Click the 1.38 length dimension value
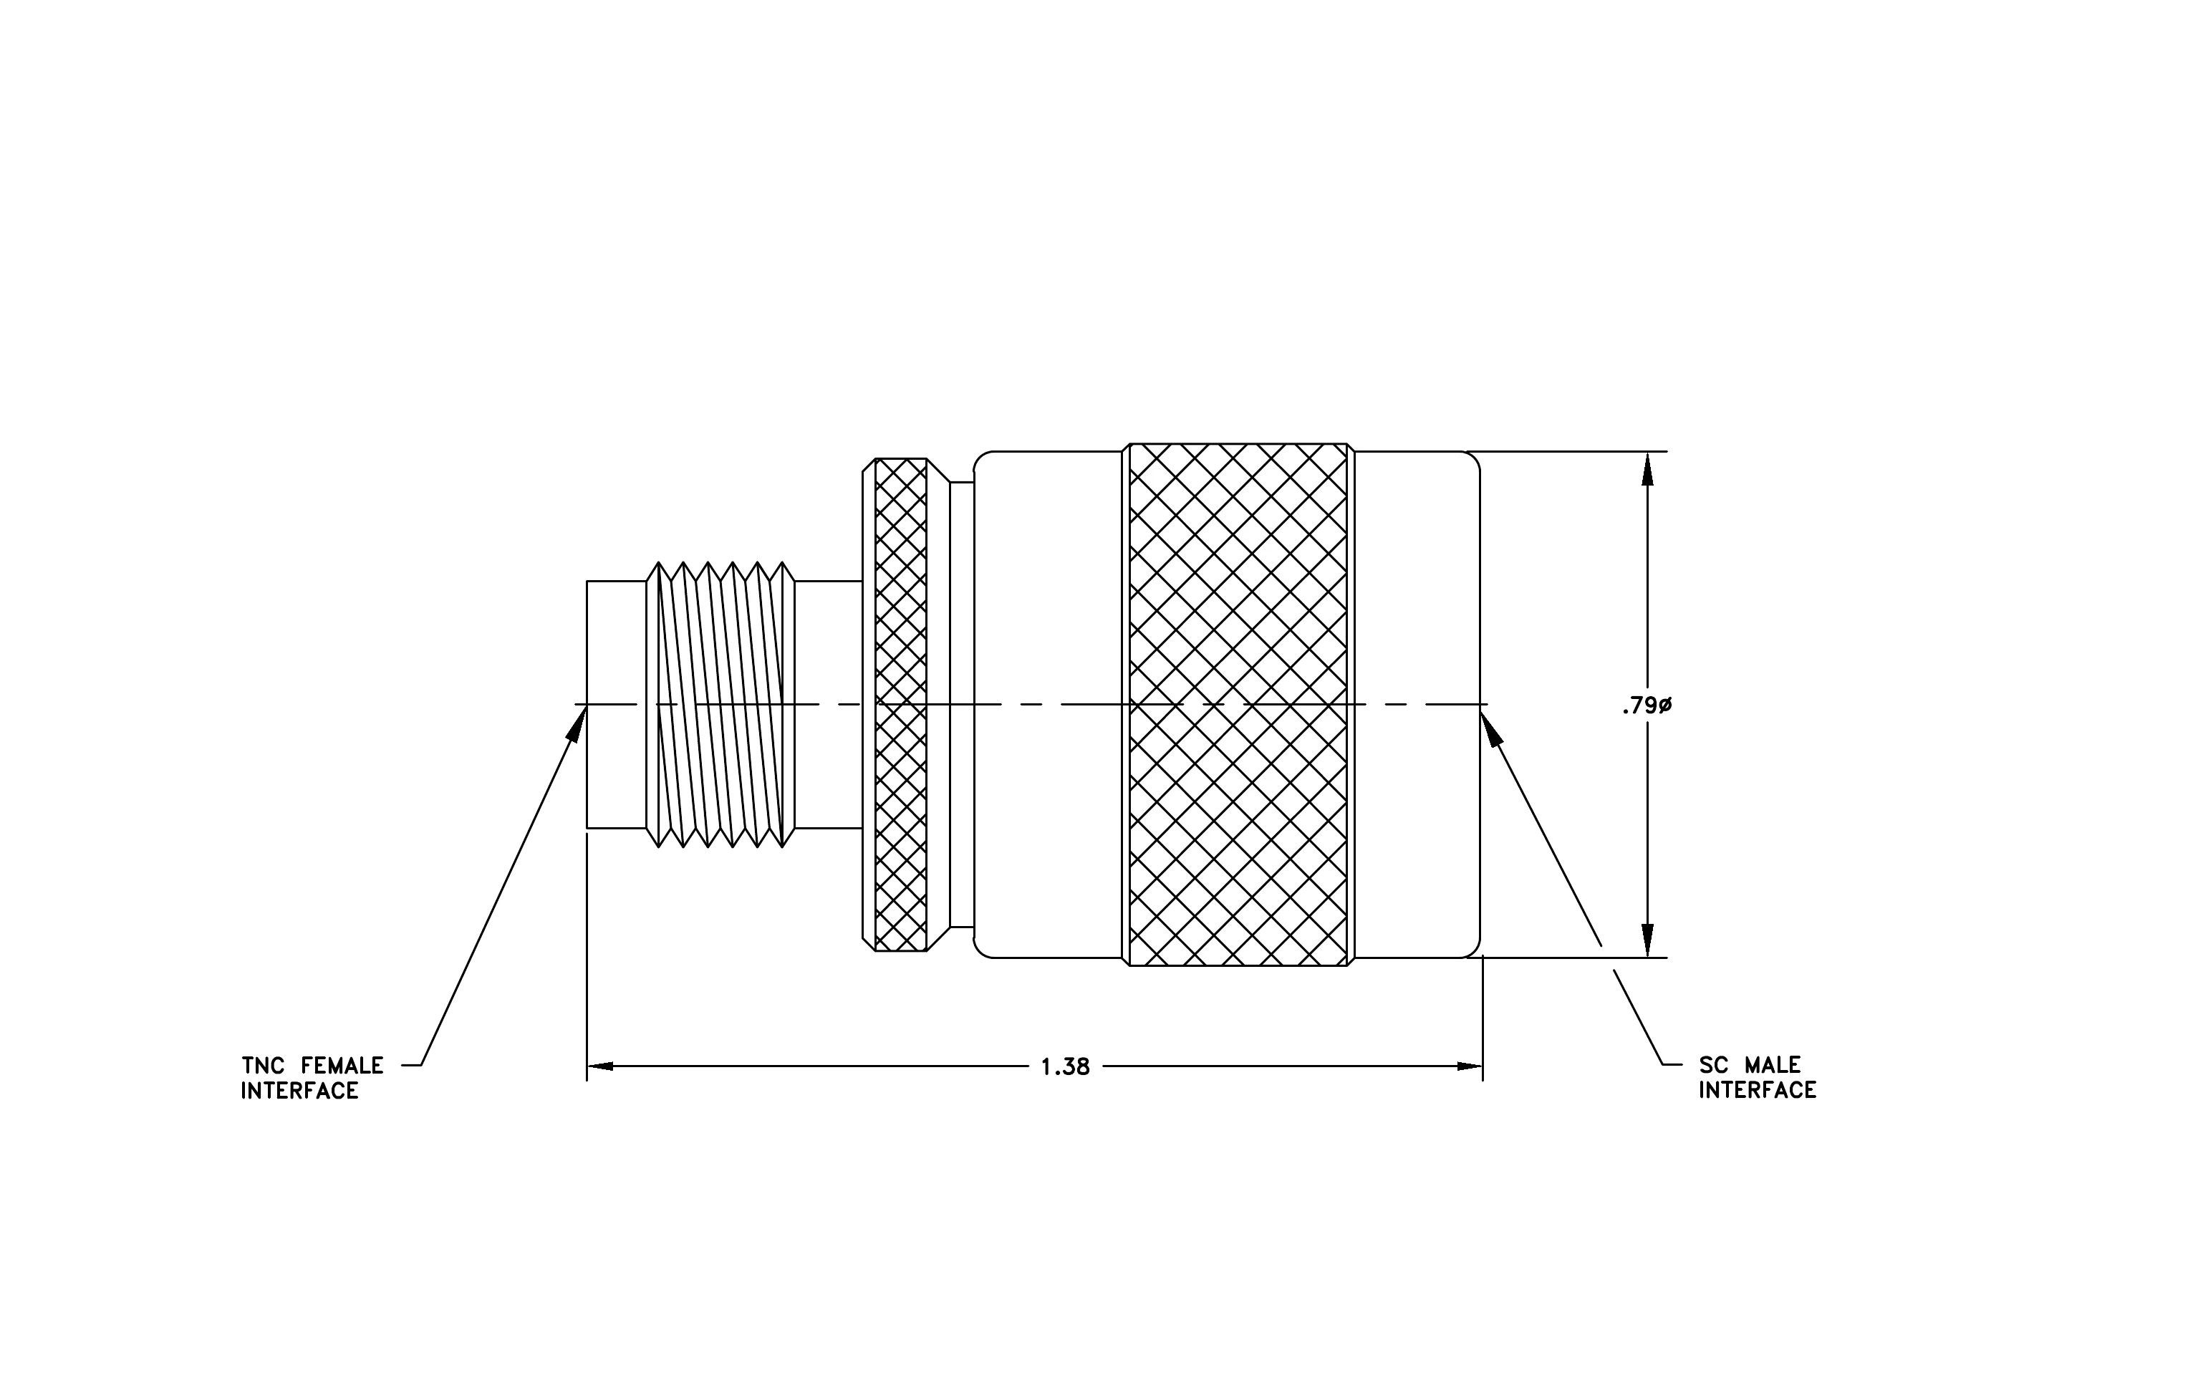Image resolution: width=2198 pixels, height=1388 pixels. (1065, 1066)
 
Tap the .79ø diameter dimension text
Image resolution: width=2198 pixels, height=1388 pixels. (1647, 705)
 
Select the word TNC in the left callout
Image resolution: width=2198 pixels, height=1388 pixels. (264, 1066)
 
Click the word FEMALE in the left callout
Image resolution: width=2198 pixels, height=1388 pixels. (342, 1066)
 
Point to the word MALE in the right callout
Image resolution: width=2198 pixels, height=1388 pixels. (1773, 1065)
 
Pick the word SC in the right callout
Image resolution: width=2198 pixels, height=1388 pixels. (1713, 1065)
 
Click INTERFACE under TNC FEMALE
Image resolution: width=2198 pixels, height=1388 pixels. (299, 1091)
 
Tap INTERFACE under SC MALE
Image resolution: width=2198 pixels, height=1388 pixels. (1757, 1091)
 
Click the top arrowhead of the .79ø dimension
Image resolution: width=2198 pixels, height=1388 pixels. (1647, 469)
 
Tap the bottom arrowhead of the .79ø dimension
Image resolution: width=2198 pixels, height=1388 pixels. (1647, 940)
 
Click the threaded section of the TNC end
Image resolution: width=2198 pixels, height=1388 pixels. (720, 705)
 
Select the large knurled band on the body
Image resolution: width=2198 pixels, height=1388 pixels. (1238, 705)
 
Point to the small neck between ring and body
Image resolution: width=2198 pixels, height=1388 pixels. (962, 705)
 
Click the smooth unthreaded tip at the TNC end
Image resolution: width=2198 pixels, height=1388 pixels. (616, 705)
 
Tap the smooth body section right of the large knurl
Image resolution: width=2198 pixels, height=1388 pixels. (1417, 705)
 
